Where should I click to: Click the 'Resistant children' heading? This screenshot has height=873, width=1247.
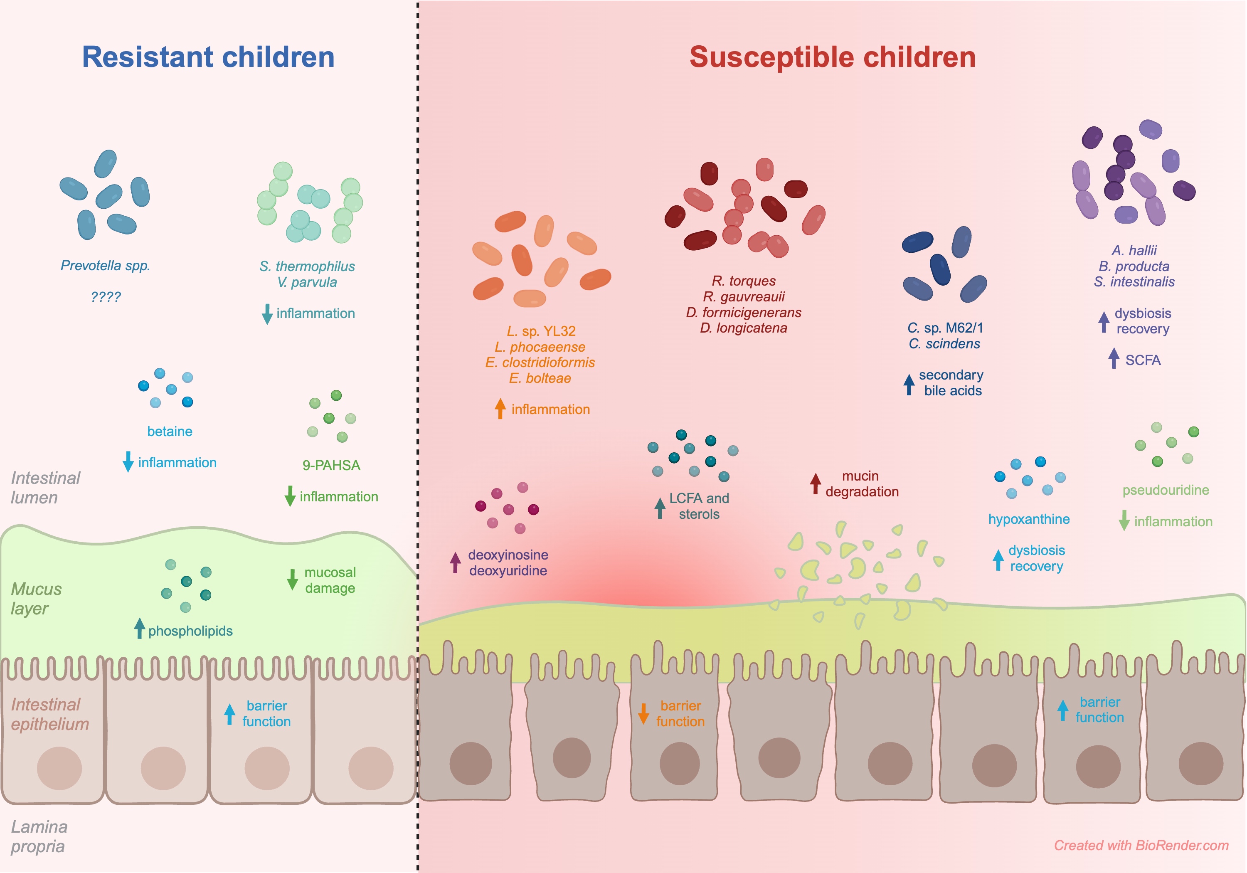pos(208,57)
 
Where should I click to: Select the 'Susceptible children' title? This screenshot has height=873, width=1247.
pos(832,57)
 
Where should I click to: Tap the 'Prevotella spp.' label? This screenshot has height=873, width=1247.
pos(105,266)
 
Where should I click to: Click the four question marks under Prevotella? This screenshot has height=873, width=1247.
pos(105,297)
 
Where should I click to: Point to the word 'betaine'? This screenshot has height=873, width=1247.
pos(170,432)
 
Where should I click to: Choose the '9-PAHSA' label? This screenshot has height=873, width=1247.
pos(331,466)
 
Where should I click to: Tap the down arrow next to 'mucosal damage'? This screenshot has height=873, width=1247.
pos(292,580)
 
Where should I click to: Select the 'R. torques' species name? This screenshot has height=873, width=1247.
pos(744,281)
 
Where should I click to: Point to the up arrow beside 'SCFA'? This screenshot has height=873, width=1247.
pos(1114,358)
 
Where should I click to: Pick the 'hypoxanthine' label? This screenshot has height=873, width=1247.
pos(1029,519)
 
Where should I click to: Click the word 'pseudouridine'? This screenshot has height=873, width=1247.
pos(1166,490)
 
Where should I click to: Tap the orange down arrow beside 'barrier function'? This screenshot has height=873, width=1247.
pos(643,713)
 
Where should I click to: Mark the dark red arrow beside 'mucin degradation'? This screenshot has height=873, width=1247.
pos(815,483)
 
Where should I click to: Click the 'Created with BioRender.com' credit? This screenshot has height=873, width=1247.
pos(1141,845)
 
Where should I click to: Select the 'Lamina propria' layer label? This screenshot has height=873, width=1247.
pos(39,836)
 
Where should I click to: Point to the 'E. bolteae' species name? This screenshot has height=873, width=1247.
pos(540,378)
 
